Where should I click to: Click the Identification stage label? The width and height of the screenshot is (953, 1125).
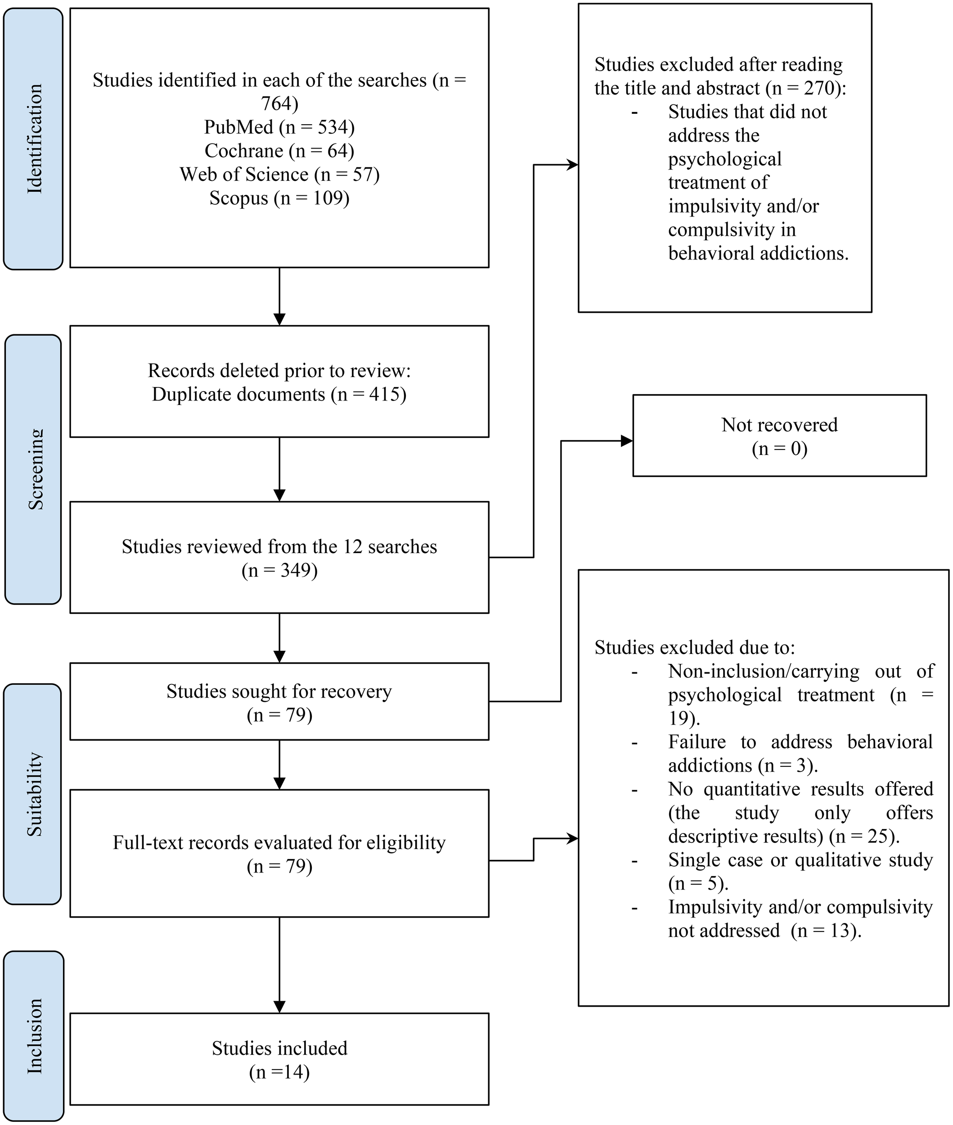click(33, 139)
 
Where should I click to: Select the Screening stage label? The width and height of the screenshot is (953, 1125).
click(33, 469)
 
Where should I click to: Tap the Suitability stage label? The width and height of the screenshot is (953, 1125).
click(33, 794)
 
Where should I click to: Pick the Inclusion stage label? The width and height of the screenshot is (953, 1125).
click(33, 1036)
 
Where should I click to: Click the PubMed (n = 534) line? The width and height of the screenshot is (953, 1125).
click(279, 127)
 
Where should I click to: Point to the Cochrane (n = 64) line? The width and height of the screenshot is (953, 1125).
click(279, 151)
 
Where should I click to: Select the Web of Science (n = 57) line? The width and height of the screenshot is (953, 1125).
click(279, 175)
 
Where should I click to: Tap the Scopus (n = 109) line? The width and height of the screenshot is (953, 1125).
click(279, 198)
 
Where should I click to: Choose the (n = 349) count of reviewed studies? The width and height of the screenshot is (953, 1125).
click(279, 571)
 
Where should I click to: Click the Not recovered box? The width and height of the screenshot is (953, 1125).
click(779, 436)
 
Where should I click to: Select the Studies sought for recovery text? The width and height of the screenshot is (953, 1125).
click(279, 691)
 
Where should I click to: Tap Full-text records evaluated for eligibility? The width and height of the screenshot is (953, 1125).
click(279, 842)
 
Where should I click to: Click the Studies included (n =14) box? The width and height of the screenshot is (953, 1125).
click(279, 1059)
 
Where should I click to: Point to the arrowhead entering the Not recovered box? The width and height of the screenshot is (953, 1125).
click(627, 441)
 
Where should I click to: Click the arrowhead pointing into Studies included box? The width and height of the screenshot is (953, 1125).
click(279, 1007)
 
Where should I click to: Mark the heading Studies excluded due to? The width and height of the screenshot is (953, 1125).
click(694, 648)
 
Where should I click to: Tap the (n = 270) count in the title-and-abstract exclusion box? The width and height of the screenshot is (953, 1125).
click(805, 88)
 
